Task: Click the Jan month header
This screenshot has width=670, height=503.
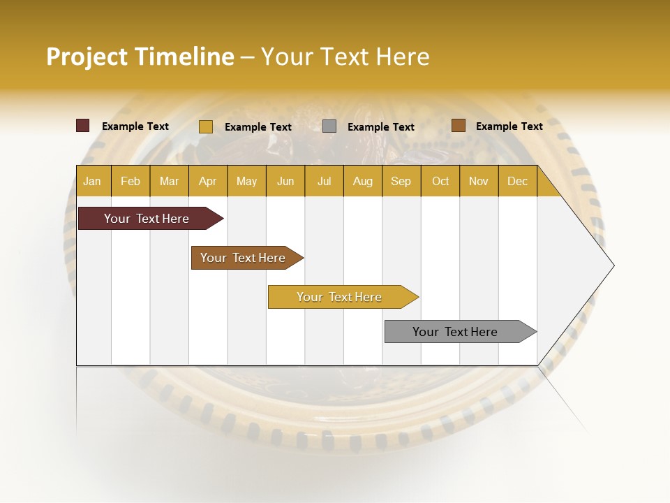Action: [x=92, y=181]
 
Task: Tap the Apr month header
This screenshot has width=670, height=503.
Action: [x=207, y=181]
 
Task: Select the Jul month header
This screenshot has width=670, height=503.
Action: [x=324, y=181]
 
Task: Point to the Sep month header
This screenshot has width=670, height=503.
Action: [x=401, y=181]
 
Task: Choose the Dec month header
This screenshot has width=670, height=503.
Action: [x=517, y=181]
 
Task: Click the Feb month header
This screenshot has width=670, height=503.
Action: [x=131, y=181]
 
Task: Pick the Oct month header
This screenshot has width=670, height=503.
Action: [x=440, y=181]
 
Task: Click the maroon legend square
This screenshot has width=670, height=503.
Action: [x=82, y=126]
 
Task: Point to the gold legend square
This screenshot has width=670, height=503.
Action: [x=205, y=126]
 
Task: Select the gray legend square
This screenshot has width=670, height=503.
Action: [x=329, y=126]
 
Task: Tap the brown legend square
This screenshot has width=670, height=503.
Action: [x=458, y=126]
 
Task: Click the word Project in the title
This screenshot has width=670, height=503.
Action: [x=86, y=57]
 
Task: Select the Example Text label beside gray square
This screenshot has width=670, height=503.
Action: [x=380, y=126]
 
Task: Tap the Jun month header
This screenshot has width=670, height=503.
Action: [x=285, y=181]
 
